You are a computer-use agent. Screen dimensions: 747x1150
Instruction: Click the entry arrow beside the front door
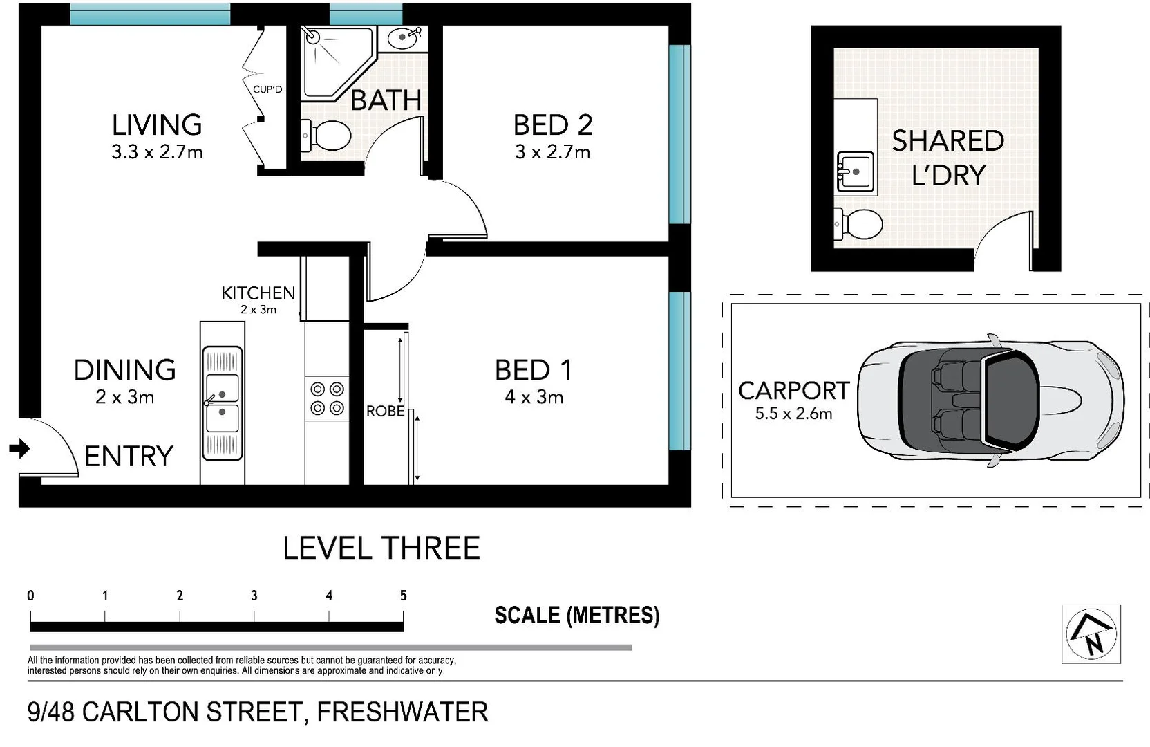click(20, 449)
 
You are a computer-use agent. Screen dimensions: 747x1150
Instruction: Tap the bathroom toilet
click(326, 136)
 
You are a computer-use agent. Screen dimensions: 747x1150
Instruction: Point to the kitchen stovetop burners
click(327, 398)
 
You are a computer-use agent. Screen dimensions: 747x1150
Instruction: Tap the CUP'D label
click(267, 89)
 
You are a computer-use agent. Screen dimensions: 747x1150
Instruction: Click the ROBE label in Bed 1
click(385, 411)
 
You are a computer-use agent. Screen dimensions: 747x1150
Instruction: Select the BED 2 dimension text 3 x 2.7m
click(552, 152)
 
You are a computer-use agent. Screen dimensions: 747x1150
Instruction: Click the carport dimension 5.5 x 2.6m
click(793, 414)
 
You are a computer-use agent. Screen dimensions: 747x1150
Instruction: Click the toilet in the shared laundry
click(859, 224)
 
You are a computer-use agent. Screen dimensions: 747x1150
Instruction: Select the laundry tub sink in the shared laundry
click(856, 172)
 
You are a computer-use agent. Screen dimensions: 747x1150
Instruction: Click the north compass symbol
click(1091, 634)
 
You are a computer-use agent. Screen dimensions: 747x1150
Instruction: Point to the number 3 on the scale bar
click(254, 596)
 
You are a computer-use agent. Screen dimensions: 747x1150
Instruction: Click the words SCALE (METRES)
click(576, 615)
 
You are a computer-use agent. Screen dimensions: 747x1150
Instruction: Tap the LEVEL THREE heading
click(381, 548)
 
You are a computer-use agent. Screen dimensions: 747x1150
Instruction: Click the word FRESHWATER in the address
click(402, 712)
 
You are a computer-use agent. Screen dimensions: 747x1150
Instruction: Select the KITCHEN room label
click(258, 293)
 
